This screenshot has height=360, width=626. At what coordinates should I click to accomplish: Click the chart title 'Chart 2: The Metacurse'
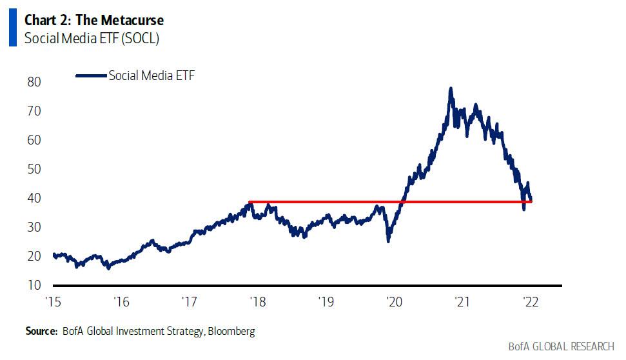pos(94,20)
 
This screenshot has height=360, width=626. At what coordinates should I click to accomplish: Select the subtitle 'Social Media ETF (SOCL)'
pos(92,38)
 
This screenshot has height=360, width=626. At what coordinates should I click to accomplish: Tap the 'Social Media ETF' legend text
pos(152,75)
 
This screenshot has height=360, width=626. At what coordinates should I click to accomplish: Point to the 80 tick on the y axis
pos(34,83)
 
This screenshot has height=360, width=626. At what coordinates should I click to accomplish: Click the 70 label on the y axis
pos(34,111)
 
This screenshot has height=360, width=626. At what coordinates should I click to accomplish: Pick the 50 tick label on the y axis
pos(34,169)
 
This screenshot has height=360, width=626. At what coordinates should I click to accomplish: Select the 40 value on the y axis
pos(34,198)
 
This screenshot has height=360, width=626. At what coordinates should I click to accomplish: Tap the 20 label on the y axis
pos(34,256)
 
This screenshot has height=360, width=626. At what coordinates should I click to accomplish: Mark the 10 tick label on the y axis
pos(34,285)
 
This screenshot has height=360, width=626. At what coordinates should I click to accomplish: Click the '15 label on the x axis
pos(53,301)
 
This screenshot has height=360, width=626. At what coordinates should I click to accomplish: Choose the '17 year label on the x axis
pos(189,301)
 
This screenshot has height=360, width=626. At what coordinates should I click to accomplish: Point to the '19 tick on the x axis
pos(325,301)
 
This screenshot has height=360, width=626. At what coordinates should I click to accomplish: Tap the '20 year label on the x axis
pos(393,301)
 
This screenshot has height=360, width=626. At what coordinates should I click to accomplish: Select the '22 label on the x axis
pos(529,301)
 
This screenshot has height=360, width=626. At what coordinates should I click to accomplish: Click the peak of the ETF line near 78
pos(451,88)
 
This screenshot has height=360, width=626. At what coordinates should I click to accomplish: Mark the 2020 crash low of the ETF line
pos(388,241)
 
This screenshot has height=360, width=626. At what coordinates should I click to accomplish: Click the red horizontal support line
pos(322,202)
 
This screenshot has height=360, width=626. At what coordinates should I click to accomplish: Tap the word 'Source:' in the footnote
pos(41,331)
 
